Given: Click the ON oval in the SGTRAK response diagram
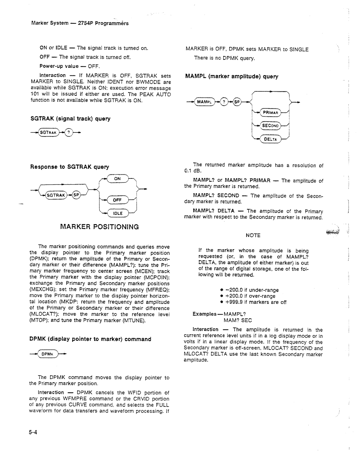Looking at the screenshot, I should point(117,179).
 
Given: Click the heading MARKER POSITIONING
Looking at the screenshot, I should point(100,227).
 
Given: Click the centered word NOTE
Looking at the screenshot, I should point(253,235).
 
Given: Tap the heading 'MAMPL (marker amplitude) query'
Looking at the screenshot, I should point(232,76).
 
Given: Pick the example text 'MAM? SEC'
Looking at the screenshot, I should point(238,320).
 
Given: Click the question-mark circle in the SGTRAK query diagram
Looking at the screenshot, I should point(69,132).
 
